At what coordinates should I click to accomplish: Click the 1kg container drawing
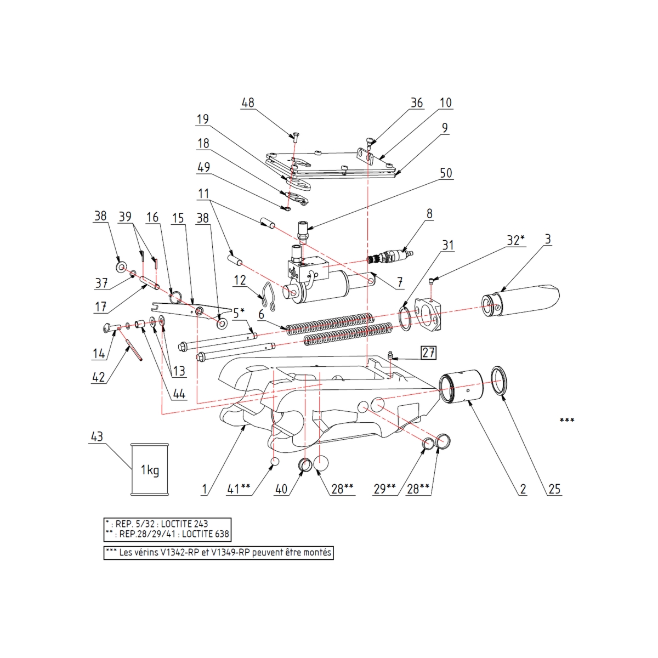tap(149, 469)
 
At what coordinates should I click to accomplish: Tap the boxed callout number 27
tap(428, 352)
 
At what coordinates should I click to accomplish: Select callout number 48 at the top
tap(248, 103)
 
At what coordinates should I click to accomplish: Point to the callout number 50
tap(446, 173)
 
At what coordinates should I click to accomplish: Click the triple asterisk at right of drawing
tap(566, 421)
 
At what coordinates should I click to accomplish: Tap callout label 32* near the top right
tap(515, 240)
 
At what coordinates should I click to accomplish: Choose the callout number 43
tap(97, 437)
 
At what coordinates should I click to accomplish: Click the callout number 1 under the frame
tap(204, 489)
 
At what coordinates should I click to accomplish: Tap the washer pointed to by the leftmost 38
tap(120, 267)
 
